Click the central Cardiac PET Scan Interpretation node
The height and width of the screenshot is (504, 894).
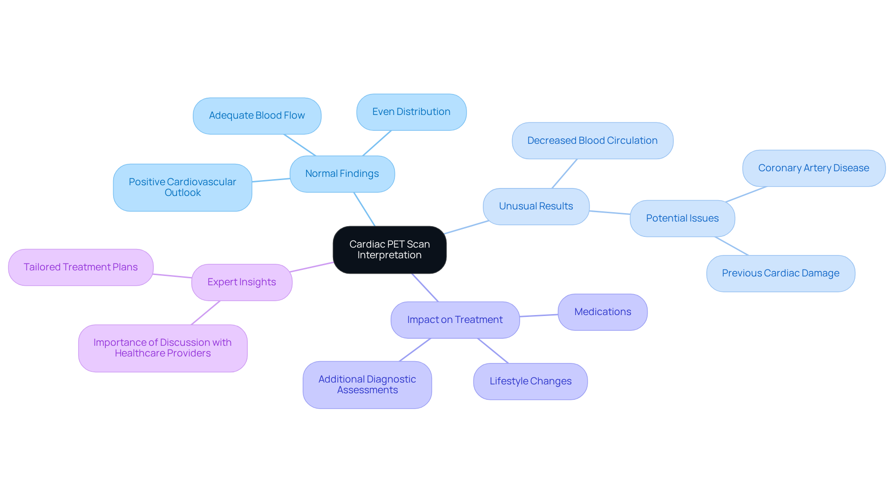(389, 250)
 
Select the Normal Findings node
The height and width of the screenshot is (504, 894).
(342, 174)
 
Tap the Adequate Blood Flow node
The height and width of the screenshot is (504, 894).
(257, 116)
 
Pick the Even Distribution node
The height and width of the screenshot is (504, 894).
(411, 112)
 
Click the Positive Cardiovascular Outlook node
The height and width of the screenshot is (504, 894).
(183, 188)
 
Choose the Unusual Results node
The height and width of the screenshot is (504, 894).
(536, 207)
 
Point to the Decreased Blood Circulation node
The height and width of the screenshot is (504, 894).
(592, 141)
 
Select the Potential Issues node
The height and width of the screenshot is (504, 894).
(682, 219)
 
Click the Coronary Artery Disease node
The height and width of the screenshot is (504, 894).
(813, 168)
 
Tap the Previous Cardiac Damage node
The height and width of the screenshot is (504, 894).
(780, 274)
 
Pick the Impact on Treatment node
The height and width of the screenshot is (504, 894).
(455, 320)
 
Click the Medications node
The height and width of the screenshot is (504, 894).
(603, 312)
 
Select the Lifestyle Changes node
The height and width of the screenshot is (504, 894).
(530, 382)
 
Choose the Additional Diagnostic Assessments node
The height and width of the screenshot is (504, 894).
(367, 385)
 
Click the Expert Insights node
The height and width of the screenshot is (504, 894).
(242, 282)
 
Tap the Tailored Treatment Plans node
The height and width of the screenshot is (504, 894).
(81, 268)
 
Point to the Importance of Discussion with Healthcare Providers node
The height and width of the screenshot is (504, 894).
(163, 348)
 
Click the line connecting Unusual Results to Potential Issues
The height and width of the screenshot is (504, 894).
(610, 213)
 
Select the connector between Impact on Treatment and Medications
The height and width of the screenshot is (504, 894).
(539, 316)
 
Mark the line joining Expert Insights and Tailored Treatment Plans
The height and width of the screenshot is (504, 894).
(172, 276)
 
